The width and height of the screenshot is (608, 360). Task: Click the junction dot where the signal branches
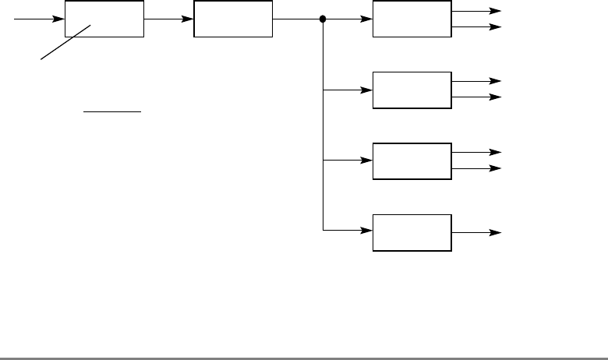coord(323,19)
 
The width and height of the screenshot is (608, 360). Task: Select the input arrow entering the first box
coord(39,19)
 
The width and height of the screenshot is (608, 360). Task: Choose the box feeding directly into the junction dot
coord(233,19)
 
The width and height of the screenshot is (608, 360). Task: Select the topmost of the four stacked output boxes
coord(412,19)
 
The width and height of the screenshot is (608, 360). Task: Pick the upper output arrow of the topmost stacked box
coord(475,11)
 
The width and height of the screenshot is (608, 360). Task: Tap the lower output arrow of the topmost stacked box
coord(475,26)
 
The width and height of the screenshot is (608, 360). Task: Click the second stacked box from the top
coord(412,90)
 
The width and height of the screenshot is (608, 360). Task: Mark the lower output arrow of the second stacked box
coord(475,97)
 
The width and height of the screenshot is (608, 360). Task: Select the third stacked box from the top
coord(412,161)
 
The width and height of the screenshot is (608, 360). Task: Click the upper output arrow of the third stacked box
coord(475,153)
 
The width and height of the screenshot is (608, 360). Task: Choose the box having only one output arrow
coord(412,231)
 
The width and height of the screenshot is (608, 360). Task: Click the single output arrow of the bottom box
coord(475,232)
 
